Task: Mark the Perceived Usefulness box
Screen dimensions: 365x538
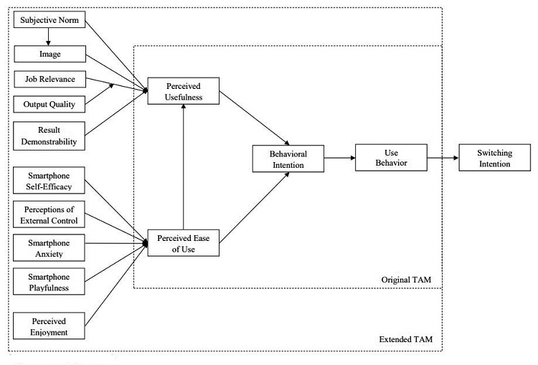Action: click(183, 90)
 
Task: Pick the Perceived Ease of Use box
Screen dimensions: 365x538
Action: click(183, 244)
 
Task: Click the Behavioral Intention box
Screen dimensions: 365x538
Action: click(288, 158)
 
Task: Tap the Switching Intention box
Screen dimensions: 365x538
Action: click(494, 158)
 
